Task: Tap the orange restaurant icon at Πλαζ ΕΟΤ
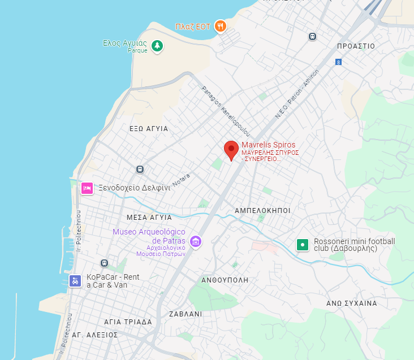click(x=221, y=26)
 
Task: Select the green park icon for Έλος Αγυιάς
click(x=157, y=46)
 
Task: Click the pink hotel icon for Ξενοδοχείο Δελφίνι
click(x=87, y=188)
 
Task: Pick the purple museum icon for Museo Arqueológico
click(x=196, y=241)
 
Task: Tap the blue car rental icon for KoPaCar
click(x=75, y=281)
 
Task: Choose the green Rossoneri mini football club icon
click(x=303, y=245)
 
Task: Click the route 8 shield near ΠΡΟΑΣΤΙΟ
click(x=338, y=62)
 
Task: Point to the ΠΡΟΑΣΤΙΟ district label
click(x=355, y=46)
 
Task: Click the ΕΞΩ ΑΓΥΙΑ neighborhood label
click(x=149, y=129)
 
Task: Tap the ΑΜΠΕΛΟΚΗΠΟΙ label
click(x=262, y=210)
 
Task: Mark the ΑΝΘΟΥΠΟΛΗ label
click(x=225, y=280)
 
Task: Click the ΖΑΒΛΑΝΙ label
click(x=186, y=314)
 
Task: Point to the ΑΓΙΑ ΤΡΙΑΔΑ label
click(x=128, y=322)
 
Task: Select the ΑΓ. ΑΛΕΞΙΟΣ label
click(x=94, y=335)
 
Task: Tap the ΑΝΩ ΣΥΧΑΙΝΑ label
click(x=351, y=303)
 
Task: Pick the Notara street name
click(x=182, y=181)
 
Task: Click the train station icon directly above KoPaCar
click(x=104, y=263)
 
